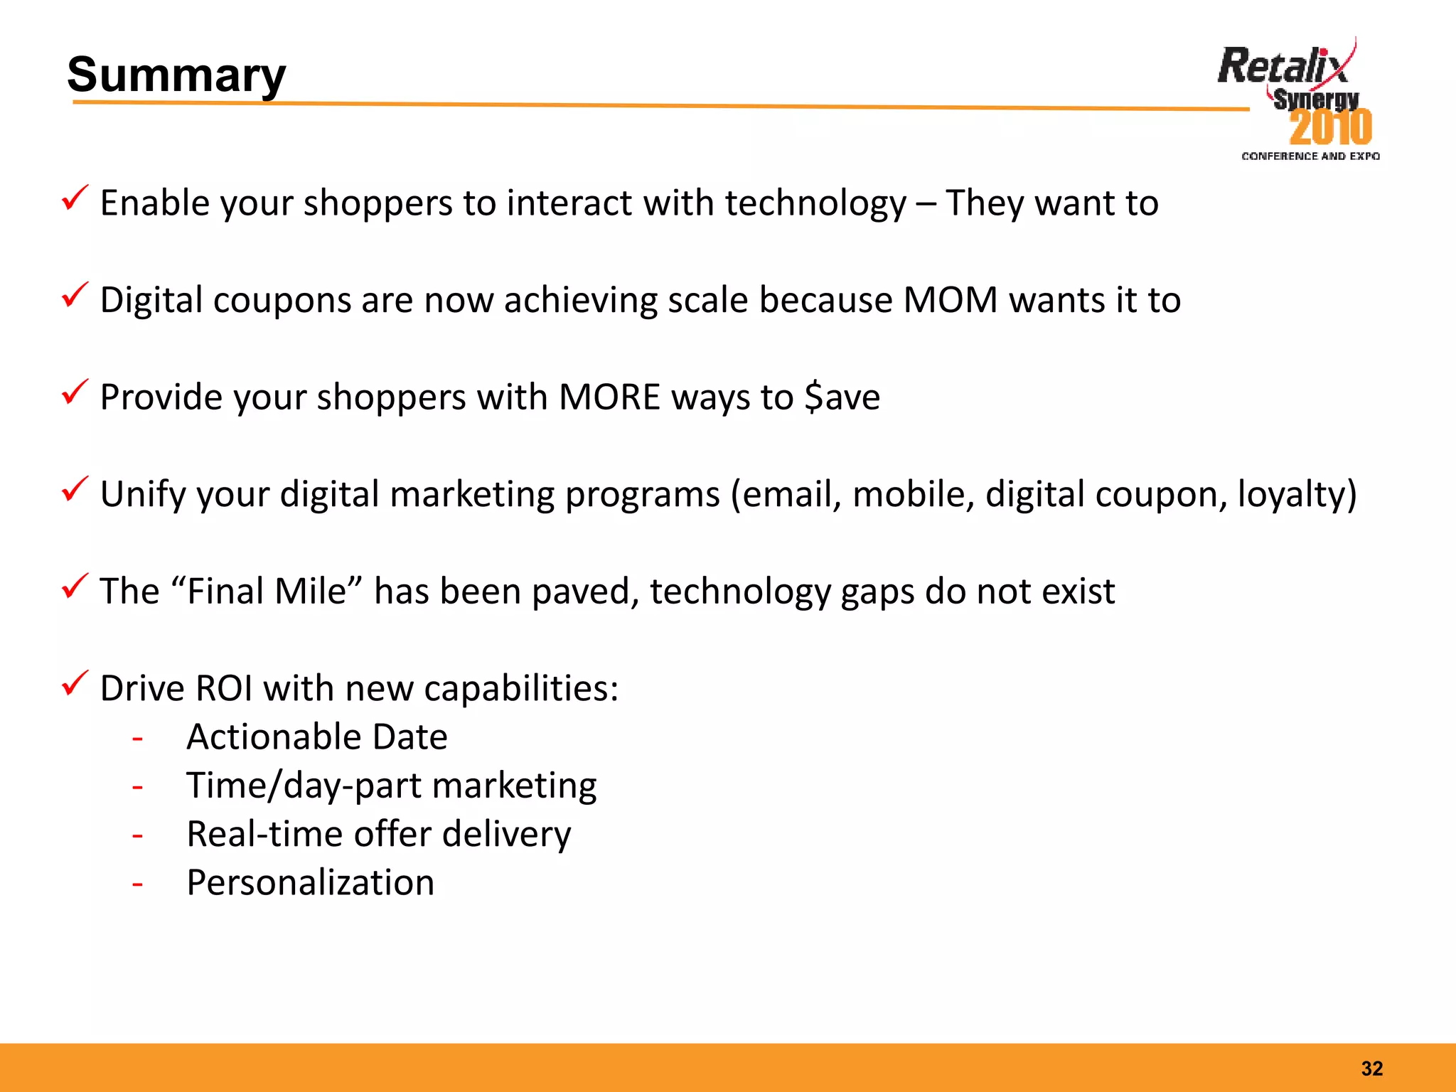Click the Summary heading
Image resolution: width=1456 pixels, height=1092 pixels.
pyautogui.click(x=176, y=75)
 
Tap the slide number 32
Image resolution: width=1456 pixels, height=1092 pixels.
pyautogui.click(x=1371, y=1068)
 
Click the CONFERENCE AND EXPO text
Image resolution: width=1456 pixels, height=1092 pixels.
pyautogui.click(x=1310, y=156)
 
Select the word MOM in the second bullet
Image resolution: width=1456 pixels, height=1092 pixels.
pyautogui.click(x=951, y=300)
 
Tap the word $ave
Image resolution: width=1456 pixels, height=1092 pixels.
pyautogui.click(x=842, y=397)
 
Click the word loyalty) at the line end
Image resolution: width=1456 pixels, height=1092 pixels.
pyautogui.click(x=1297, y=494)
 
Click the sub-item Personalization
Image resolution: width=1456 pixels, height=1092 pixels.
pyautogui.click(x=310, y=883)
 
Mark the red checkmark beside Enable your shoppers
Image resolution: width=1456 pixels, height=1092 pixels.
pyautogui.click(x=75, y=198)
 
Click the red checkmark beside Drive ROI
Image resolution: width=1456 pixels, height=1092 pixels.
pyautogui.click(x=75, y=683)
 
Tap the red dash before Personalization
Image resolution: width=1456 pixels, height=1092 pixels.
pyautogui.click(x=137, y=884)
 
